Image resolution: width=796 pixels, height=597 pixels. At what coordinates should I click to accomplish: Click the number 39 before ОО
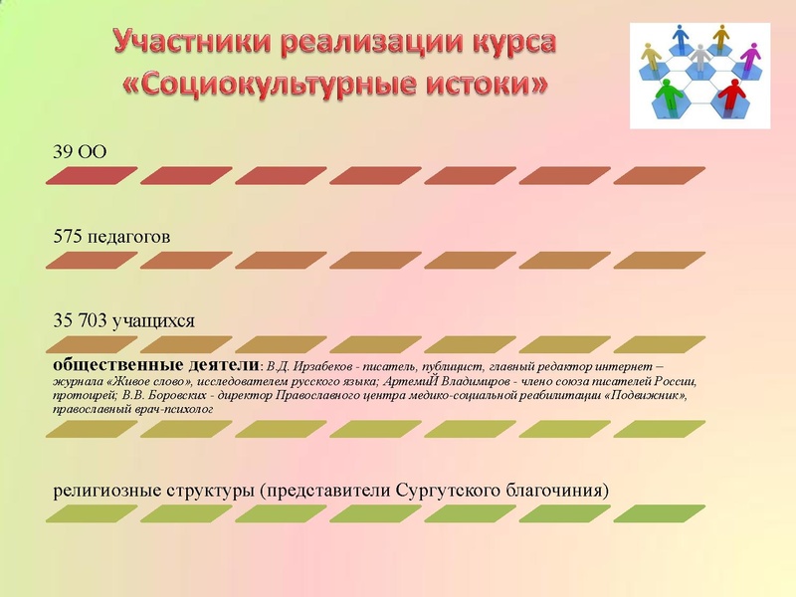64,153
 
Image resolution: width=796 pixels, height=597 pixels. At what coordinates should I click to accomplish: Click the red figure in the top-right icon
734,96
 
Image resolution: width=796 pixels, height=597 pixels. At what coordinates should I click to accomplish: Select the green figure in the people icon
666,97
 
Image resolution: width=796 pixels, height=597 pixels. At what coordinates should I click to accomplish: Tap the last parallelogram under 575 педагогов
660,261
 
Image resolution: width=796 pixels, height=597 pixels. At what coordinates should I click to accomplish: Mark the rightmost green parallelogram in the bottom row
660,514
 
